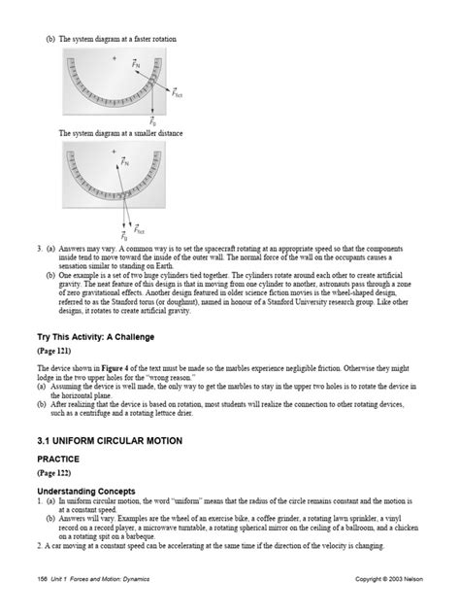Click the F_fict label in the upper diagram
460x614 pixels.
[178, 94]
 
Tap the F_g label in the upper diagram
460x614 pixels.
[152, 120]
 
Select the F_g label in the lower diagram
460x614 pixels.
[124, 236]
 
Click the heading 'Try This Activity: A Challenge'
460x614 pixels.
[96, 336]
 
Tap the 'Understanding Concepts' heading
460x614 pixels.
[85, 491]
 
